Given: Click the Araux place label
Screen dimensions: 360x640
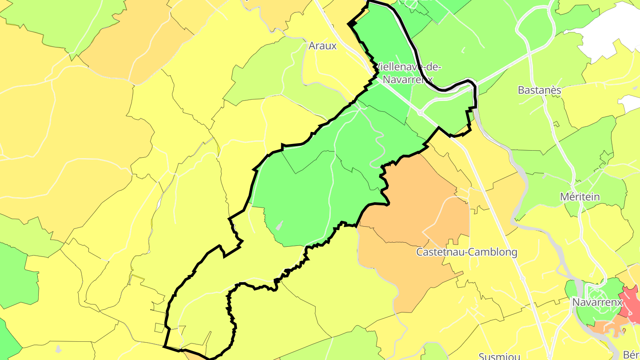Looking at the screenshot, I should click(323, 46).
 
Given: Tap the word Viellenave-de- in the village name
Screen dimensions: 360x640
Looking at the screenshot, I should click(409, 67).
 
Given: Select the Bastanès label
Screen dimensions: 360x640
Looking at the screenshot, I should click(540, 90).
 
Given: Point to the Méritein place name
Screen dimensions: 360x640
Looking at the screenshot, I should click(580, 196).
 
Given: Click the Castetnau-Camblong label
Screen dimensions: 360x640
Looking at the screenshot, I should click(466, 252).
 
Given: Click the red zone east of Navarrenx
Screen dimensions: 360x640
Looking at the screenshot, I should click(631, 300).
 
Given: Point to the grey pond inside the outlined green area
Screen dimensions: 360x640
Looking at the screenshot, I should click(279, 226).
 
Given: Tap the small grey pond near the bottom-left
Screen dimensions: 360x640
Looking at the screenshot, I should click(58, 349).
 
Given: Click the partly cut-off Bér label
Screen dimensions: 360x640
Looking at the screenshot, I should click(631, 355).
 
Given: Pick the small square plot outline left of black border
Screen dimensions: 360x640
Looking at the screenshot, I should click(159, 328).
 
